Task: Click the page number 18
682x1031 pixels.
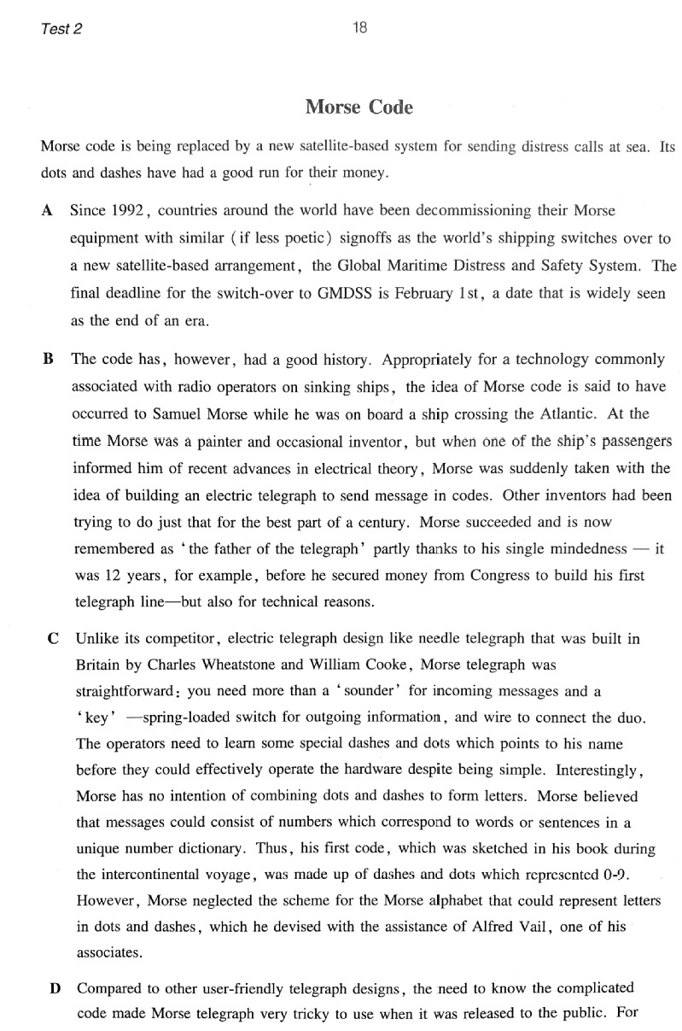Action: (x=359, y=27)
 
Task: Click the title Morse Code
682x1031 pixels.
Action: (x=358, y=108)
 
